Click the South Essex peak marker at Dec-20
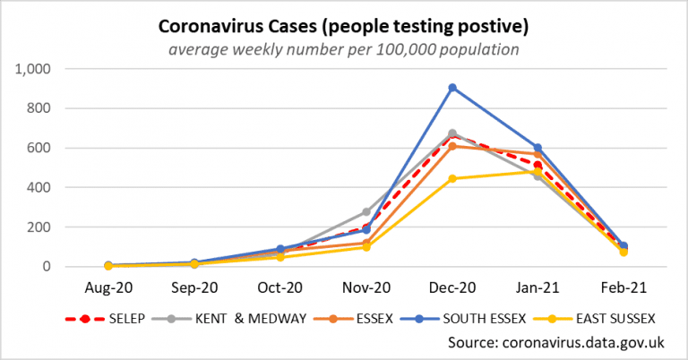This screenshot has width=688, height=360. pos(452,88)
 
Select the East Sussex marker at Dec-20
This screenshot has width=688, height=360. pos(452,178)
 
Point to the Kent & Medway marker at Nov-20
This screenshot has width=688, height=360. pos(366,212)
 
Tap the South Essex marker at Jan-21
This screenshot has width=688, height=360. pos(538,148)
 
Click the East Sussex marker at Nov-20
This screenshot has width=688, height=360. pos(366,247)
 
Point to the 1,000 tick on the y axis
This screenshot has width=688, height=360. pos(34,69)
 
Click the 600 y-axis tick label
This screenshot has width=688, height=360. pos(40,148)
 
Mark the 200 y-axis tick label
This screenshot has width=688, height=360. pos(40,227)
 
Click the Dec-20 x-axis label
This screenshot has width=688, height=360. pos(452,288)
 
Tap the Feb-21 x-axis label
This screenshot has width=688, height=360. pos(624,288)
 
